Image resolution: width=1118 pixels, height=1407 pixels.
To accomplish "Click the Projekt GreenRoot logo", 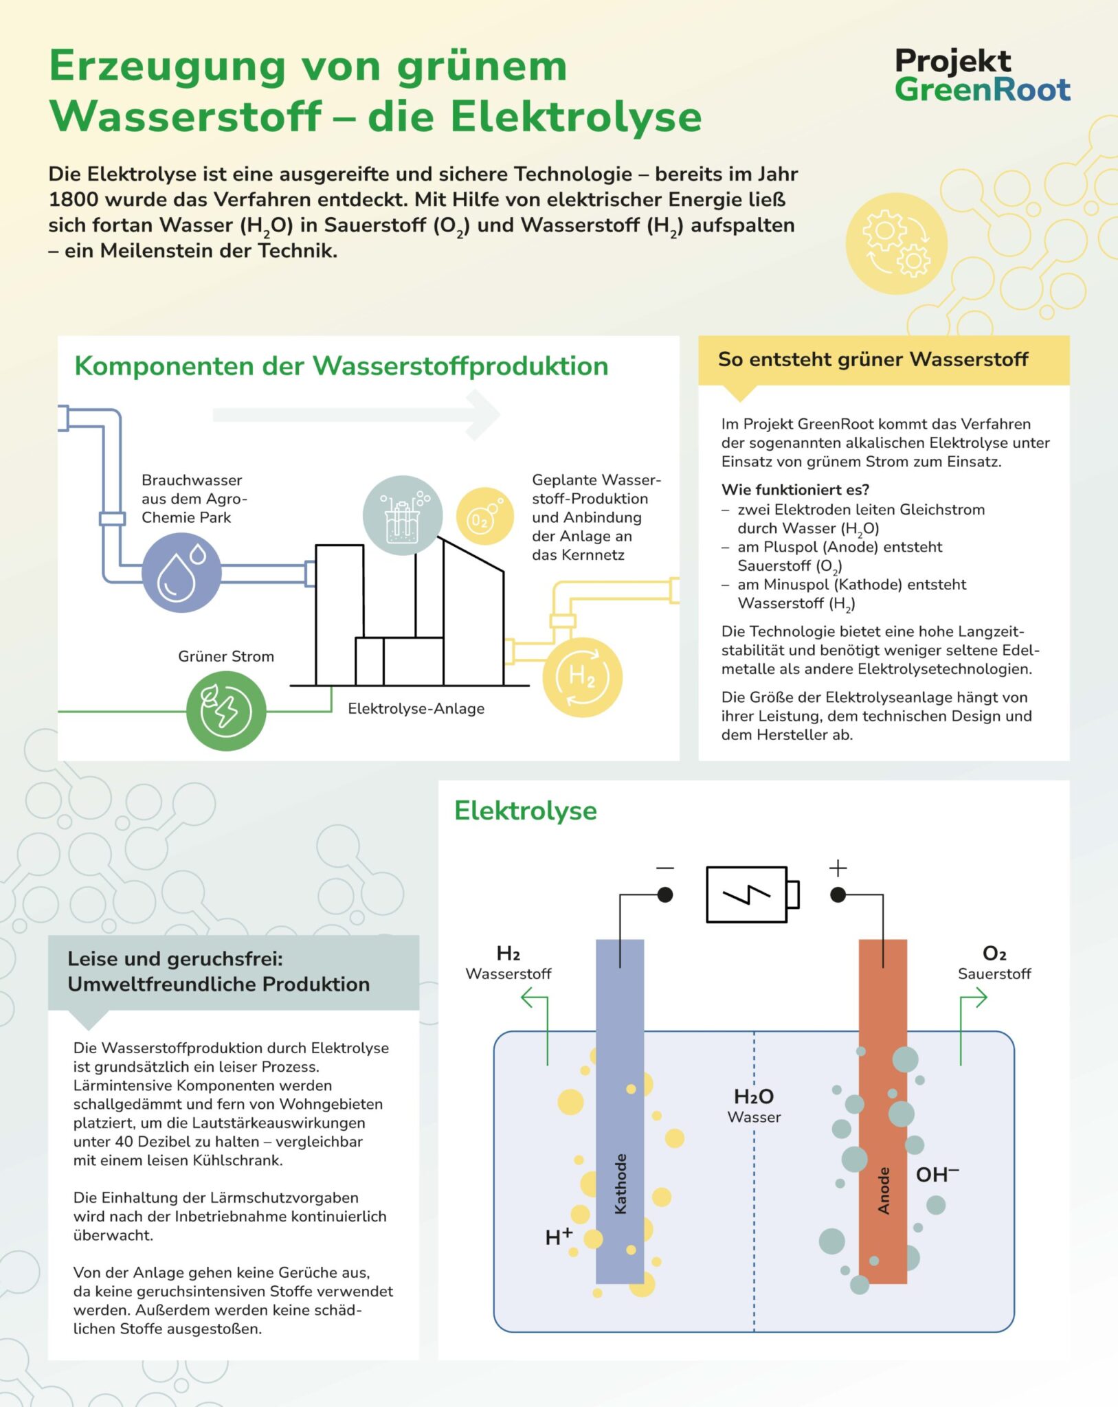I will (x=982, y=75).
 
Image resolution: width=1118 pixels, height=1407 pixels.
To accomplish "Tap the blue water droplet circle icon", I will (x=181, y=572).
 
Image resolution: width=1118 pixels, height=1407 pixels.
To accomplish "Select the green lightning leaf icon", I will (x=225, y=710).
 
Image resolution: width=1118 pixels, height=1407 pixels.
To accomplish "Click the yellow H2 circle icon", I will (x=582, y=677).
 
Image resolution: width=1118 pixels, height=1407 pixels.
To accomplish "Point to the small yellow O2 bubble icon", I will (x=484, y=517).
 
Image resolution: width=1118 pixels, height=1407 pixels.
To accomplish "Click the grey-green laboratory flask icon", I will (x=403, y=515).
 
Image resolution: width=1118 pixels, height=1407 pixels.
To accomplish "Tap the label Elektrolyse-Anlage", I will (x=416, y=708).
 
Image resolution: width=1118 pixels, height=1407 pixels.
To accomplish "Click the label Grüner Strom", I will (x=226, y=656).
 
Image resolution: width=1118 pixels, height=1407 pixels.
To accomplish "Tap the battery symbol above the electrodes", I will (x=752, y=894).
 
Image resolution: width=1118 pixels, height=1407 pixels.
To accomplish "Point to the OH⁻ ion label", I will (x=937, y=1174).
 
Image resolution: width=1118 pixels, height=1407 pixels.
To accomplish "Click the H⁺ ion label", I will (x=558, y=1237).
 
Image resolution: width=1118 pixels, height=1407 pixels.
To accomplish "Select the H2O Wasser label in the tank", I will (x=754, y=1105).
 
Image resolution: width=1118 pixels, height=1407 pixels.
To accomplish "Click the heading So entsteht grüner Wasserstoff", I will (x=873, y=359).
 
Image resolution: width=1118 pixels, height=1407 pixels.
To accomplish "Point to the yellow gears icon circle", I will (x=896, y=244).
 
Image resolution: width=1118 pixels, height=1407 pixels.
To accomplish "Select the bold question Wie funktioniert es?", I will (x=795, y=489).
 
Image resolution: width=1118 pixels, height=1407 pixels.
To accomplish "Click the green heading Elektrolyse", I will (x=526, y=811).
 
